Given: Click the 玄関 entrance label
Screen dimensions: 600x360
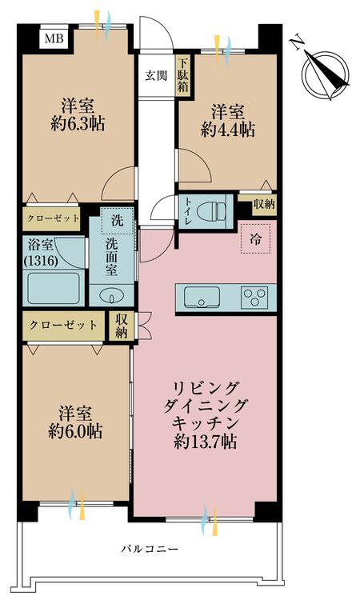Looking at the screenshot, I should (155, 77).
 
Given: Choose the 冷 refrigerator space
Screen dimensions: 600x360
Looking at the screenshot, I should (256, 238).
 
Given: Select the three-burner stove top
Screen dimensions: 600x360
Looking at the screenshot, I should (256, 298).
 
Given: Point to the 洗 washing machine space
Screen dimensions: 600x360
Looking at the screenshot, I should (117, 220).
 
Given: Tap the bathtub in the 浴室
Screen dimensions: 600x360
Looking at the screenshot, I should (53, 288).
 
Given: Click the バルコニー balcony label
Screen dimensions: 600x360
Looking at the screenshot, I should (150, 549).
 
